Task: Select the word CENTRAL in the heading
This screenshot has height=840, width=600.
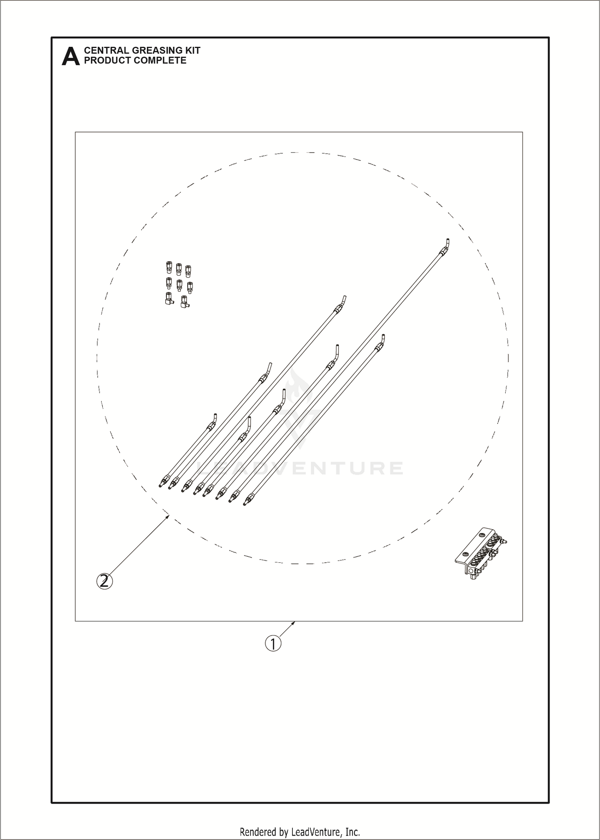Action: point(106,50)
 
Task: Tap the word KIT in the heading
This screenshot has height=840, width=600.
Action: point(192,50)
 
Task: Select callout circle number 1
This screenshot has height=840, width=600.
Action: point(273,644)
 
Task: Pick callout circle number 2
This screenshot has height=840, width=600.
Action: point(104,581)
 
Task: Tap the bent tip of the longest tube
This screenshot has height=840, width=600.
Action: point(446,243)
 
